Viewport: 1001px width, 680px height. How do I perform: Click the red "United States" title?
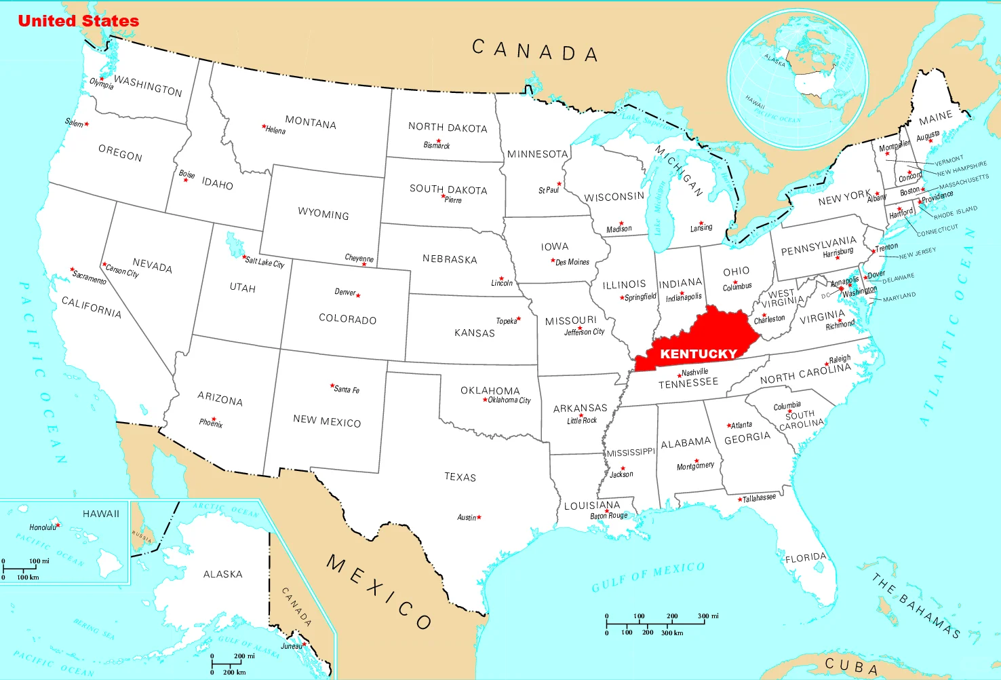[x=78, y=21]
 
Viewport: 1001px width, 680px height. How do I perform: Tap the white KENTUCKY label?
[x=698, y=354]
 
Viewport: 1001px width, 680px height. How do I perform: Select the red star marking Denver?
[x=358, y=295]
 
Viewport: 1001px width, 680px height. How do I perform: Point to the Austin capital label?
[x=467, y=518]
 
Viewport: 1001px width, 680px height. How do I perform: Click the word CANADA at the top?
[x=534, y=51]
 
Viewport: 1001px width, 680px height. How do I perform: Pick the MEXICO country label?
[x=378, y=591]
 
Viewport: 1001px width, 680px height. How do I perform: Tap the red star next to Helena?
[x=264, y=126]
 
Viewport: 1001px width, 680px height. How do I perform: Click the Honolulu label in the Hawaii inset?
[x=43, y=527]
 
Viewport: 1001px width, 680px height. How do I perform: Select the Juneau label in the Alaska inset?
[x=292, y=646]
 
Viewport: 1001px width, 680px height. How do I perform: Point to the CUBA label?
[x=851, y=666]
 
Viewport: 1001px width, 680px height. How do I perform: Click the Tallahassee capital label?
[x=759, y=498]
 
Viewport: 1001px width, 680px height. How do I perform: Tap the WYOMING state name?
[x=323, y=214]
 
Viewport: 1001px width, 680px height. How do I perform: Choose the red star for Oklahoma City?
[x=485, y=400]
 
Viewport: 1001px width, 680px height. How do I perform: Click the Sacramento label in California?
[x=90, y=277]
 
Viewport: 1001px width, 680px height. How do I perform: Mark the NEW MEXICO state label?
[x=327, y=421]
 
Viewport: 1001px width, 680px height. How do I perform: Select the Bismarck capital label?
[x=437, y=145]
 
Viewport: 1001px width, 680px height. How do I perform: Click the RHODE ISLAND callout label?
[x=956, y=212]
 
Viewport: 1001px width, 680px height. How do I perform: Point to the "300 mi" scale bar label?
[x=708, y=616]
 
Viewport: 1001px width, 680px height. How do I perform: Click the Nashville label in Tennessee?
[x=695, y=372]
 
